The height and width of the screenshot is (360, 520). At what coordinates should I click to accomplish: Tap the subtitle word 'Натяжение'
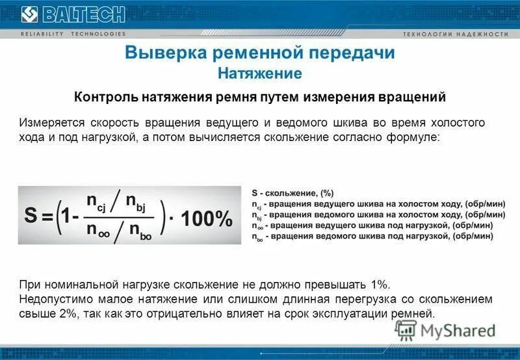coord(260,73)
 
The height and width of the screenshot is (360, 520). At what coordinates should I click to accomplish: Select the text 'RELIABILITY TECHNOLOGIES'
coord(73,34)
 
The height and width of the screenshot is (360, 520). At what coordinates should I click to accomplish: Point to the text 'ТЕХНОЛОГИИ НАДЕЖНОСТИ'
coord(455,34)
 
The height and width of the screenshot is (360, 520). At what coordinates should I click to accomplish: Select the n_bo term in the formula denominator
coord(143,229)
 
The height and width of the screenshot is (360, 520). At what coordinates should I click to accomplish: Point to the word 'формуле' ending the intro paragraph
coord(416,138)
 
